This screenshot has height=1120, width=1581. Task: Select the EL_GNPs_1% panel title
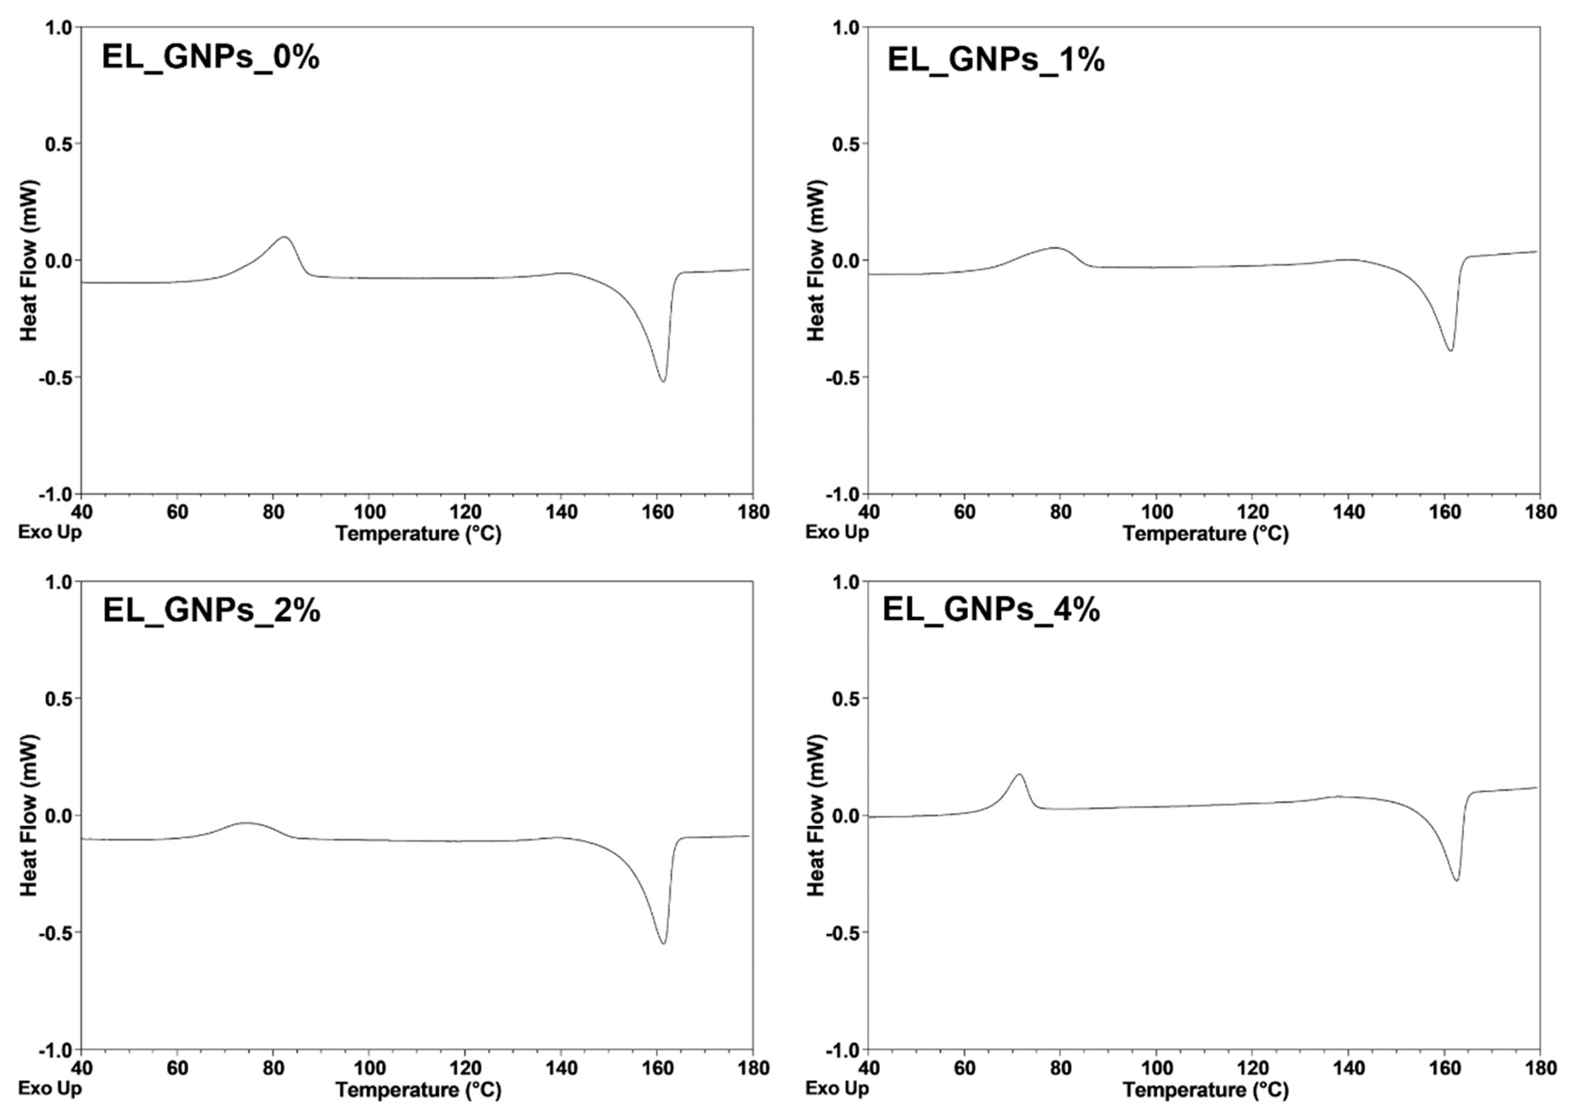click(x=996, y=60)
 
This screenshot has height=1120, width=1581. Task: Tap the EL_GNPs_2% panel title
click(x=211, y=611)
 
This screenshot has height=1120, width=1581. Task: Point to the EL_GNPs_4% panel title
click(x=991, y=611)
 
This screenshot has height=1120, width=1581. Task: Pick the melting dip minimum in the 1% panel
click(x=1451, y=350)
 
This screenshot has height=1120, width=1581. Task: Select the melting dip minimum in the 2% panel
click(x=663, y=944)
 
